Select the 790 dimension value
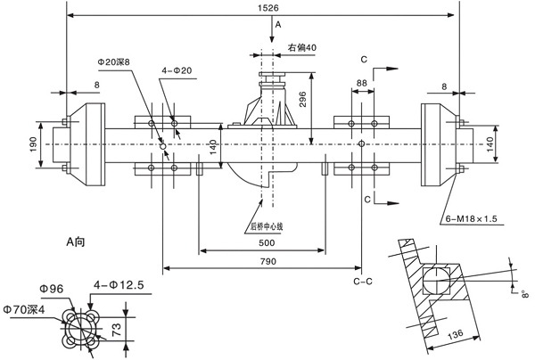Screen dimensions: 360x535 click(262, 260)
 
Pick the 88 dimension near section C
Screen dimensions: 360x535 click(361, 83)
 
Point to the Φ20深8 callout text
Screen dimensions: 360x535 click(119, 62)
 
